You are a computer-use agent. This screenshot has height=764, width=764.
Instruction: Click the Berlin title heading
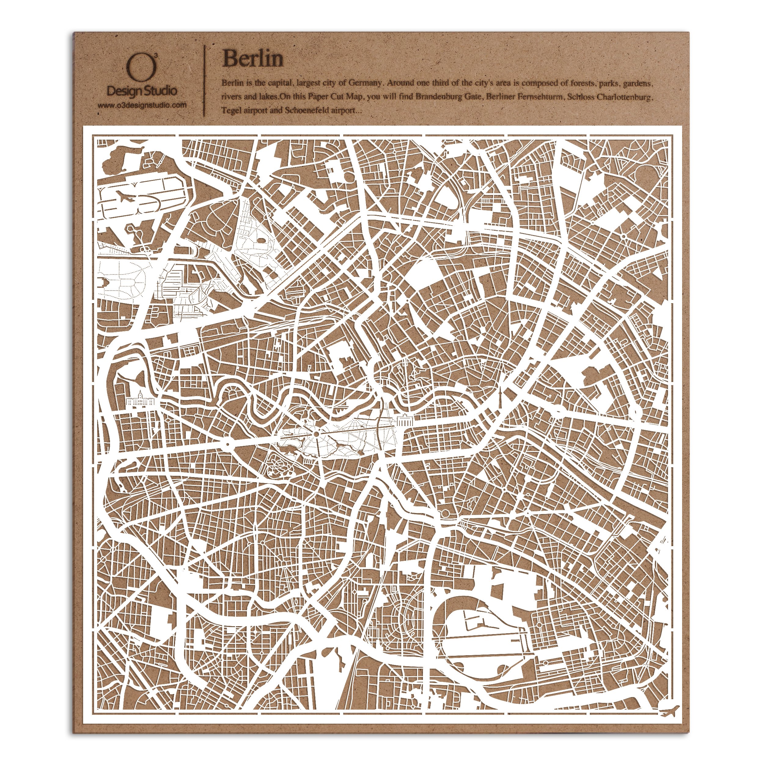253,59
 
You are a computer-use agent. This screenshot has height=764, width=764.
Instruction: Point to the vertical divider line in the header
204,81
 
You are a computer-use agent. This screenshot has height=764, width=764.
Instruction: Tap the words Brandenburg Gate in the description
449,97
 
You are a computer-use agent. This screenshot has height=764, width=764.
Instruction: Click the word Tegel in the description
231,110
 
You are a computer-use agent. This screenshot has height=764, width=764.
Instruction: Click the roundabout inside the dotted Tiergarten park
316,434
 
